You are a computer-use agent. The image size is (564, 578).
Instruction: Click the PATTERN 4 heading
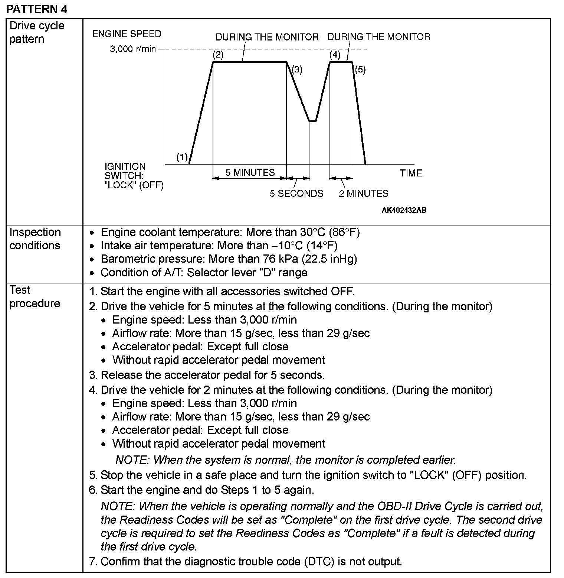point(37,9)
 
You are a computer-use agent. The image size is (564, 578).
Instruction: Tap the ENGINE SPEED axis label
point(127,34)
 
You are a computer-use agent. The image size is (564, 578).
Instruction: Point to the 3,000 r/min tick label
point(132,49)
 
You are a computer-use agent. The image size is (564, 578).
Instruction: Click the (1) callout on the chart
point(182,158)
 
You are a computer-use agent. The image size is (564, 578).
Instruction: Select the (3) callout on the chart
point(297,69)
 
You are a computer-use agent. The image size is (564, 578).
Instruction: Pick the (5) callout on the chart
point(360,69)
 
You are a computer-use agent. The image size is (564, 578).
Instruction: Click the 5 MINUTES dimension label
point(250,172)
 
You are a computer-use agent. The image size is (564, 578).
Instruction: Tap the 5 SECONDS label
point(296,194)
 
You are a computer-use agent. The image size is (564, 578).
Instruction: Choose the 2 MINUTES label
point(363,194)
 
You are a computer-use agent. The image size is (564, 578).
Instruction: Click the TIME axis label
point(411,173)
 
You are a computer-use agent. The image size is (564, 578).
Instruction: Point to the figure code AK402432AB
point(404,210)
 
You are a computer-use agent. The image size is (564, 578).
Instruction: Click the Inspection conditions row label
point(35,239)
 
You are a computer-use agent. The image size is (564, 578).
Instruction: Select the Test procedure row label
point(35,296)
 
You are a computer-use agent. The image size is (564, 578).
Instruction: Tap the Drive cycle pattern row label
point(37,32)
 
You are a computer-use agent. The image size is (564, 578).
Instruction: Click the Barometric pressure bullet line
point(228,259)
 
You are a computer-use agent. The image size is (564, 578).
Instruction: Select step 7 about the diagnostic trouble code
point(245,561)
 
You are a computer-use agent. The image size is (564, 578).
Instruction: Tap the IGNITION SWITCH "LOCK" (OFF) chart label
point(134,176)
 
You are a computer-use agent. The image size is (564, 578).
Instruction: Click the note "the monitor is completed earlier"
point(285,460)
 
